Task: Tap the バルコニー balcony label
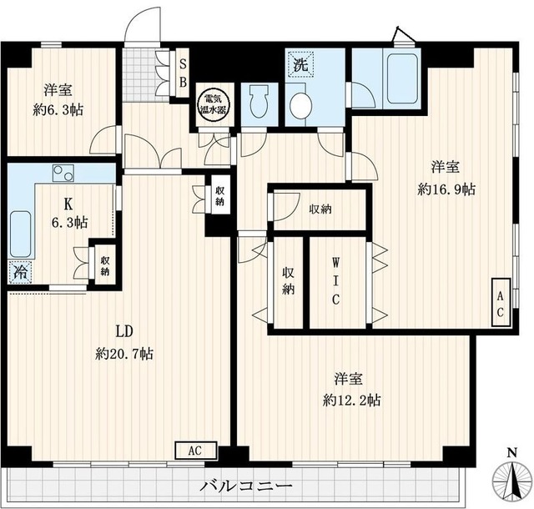point(246,485)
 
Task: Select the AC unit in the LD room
point(196,451)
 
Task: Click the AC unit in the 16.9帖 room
point(501,303)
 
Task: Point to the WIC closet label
point(335,280)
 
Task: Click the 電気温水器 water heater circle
point(214,105)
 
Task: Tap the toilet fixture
point(259,101)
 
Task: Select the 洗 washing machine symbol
point(300,64)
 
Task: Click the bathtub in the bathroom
point(402,78)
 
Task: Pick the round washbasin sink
point(301,105)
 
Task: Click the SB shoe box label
point(184,73)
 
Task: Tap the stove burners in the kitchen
point(63,173)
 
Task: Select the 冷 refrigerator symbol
point(20,271)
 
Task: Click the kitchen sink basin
point(20,234)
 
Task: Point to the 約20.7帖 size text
point(124,355)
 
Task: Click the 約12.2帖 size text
point(352,401)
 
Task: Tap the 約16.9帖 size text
point(446,189)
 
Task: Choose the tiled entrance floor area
point(140,74)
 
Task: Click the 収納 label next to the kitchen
point(105,266)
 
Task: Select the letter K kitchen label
point(68,204)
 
